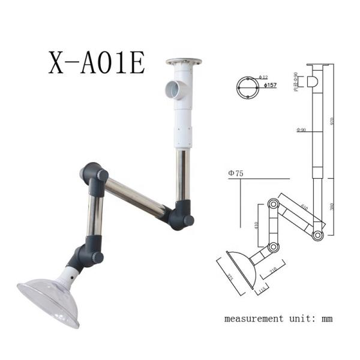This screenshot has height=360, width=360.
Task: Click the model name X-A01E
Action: point(97,62)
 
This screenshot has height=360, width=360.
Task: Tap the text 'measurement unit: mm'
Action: point(278,318)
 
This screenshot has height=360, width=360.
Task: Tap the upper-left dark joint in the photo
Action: point(95,174)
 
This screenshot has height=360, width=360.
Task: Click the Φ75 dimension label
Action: point(236,174)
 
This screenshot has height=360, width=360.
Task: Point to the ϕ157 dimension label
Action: point(271,86)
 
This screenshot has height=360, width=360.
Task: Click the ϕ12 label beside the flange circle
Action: point(263,77)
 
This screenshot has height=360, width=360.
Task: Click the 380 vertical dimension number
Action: point(332,207)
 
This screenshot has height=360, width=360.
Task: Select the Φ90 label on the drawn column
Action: point(302,130)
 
